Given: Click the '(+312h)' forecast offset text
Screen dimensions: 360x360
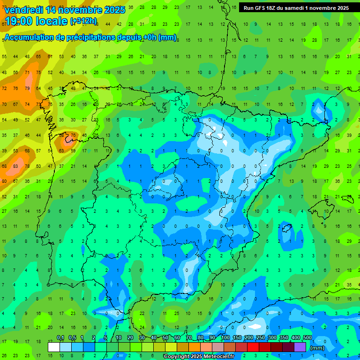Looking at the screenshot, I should coord(83,21).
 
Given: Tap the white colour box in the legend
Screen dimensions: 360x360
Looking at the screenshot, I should coord(54,347).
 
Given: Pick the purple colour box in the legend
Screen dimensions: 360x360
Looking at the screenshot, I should coord(300,347).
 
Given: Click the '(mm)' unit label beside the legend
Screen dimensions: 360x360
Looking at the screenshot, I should coord(317,348).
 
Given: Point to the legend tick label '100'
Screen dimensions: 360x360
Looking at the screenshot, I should coord(225,338).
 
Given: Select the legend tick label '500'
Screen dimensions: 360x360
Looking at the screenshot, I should coord(307,338).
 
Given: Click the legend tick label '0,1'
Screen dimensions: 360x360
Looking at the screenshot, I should coord(60,338).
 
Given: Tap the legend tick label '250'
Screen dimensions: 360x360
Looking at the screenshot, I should coord(261,338).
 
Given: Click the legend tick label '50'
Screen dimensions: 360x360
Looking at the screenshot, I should coord(165,338).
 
